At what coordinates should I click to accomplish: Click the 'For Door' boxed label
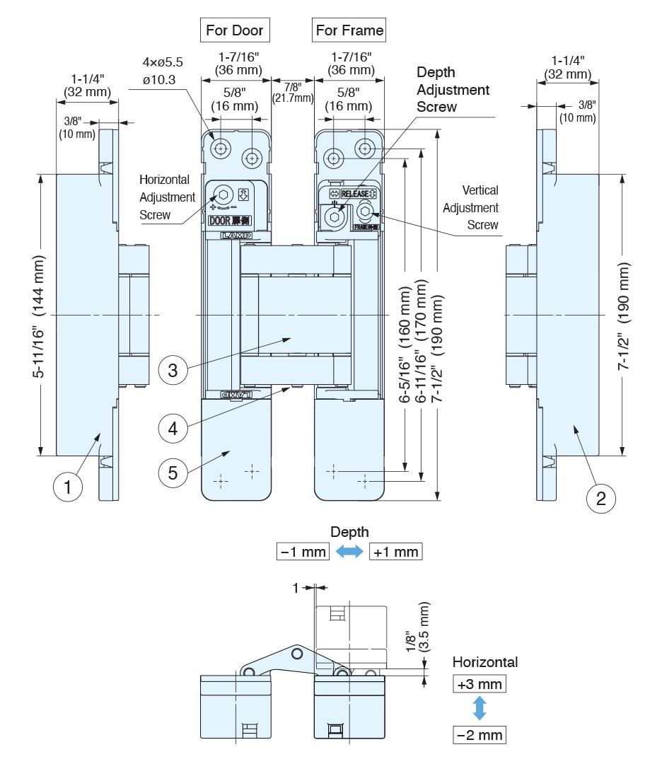(x=234, y=30)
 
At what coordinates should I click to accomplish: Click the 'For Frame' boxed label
(x=349, y=30)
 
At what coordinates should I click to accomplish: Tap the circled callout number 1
(x=68, y=487)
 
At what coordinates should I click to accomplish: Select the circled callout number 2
(x=601, y=498)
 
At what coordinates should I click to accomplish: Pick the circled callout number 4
(x=173, y=427)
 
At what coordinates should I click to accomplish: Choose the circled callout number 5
(x=173, y=473)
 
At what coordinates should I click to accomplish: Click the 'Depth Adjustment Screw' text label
(x=453, y=90)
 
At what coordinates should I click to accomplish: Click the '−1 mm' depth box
(x=303, y=552)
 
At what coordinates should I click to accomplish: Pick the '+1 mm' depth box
(x=395, y=552)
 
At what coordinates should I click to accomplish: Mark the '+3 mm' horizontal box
(x=480, y=684)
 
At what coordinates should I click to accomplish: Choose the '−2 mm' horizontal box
(x=480, y=735)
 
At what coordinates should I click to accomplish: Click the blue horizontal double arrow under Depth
(x=349, y=552)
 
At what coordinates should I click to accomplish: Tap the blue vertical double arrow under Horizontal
(x=480, y=709)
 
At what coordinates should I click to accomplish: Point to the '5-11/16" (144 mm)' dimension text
(x=41, y=314)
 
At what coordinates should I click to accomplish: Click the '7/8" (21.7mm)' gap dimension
(x=292, y=92)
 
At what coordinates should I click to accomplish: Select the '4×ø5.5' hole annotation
(x=162, y=62)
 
